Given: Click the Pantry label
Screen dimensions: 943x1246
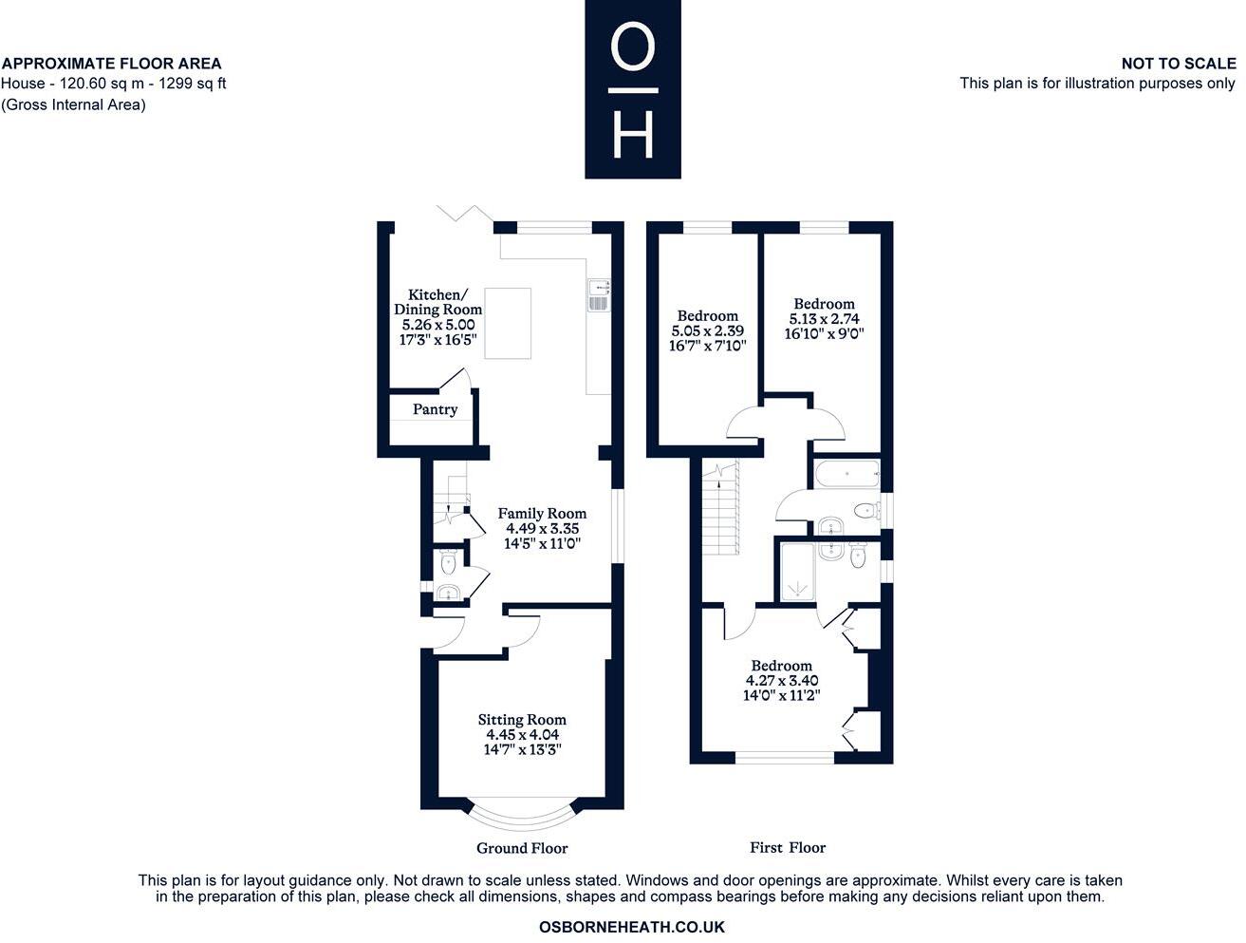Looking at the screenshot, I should [x=435, y=409].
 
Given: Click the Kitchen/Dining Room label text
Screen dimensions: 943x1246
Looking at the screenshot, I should [x=437, y=302].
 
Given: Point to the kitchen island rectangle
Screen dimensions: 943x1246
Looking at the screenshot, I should [x=508, y=323].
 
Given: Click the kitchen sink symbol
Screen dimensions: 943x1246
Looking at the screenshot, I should [x=599, y=295].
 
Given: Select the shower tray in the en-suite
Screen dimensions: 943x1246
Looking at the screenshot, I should [x=794, y=572].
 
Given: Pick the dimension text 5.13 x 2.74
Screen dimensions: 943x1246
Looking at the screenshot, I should [x=824, y=319].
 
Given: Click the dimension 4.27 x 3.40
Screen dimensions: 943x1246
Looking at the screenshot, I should [x=782, y=681].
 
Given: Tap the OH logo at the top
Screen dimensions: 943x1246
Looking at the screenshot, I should [x=632, y=89].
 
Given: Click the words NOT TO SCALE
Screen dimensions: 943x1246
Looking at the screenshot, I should [x=1178, y=64].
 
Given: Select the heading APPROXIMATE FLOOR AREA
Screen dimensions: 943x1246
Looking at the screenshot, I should [x=112, y=64].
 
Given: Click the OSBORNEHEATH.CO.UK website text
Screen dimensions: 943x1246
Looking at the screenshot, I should [x=631, y=927].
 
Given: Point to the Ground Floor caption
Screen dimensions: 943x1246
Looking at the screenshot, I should [x=522, y=848].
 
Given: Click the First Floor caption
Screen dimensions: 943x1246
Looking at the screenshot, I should [x=788, y=847].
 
